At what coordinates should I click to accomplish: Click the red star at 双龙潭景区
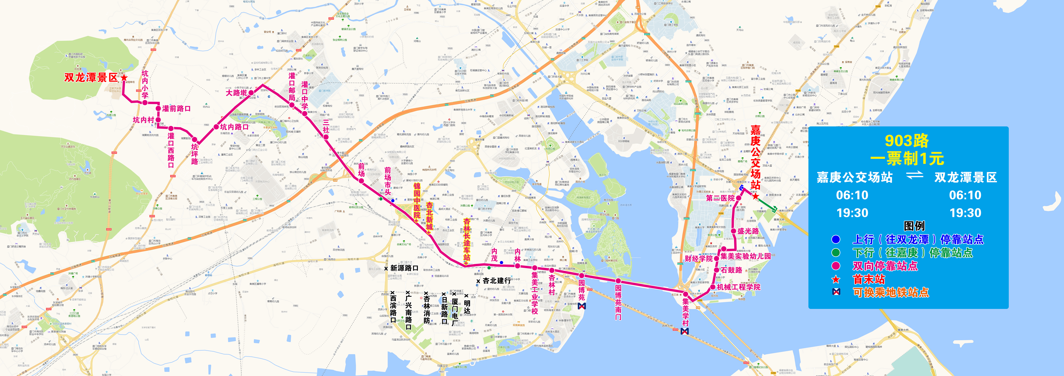click(124, 77)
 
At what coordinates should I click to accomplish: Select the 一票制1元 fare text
click(907, 159)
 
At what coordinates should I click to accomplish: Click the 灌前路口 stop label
click(176, 109)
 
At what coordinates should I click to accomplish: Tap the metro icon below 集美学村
click(685, 331)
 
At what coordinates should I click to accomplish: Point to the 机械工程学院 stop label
click(739, 287)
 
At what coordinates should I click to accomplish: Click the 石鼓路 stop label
click(732, 270)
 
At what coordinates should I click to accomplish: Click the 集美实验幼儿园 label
click(746, 256)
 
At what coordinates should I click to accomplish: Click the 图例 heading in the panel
click(914, 226)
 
